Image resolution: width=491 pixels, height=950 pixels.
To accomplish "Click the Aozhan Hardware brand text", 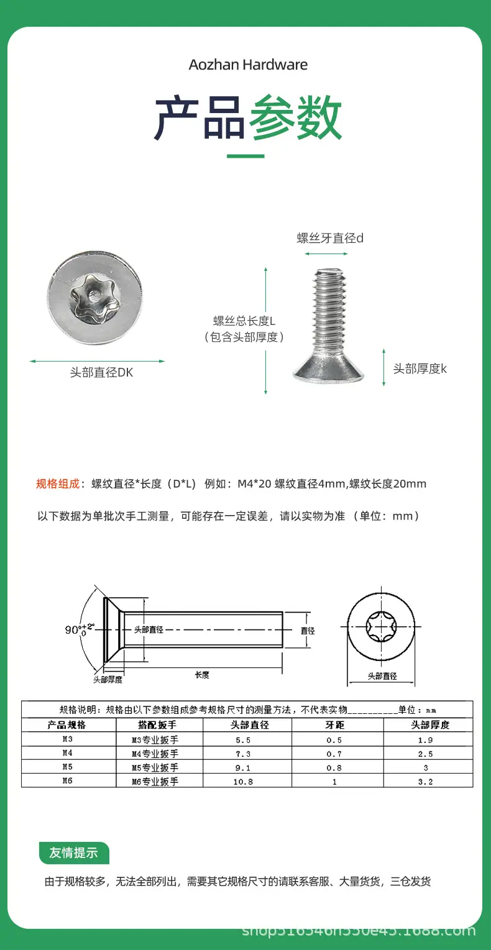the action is click(x=248, y=65).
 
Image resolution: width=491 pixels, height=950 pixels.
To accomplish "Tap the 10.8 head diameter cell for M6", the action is click(x=243, y=782).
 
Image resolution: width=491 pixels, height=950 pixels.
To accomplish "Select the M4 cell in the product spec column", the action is click(x=68, y=753).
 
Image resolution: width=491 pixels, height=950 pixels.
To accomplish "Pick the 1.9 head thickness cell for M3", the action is click(x=425, y=740).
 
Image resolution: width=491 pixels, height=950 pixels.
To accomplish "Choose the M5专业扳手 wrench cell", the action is click(x=155, y=767).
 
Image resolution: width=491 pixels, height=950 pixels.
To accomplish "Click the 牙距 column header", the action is click(x=335, y=725).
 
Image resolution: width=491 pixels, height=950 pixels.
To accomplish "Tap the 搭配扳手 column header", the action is click(x=157, y=725).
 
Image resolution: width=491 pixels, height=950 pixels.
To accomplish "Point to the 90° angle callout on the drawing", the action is click(x=80, y=629).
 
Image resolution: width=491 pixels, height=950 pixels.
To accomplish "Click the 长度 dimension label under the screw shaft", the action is click(x=202, y=675).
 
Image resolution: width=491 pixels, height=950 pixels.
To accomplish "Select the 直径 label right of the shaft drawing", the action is click(x=308, y=631).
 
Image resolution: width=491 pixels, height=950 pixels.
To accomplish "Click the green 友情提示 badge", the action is click(x=74, y=852).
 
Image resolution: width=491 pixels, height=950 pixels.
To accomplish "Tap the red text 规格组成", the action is click(x=58, y=483).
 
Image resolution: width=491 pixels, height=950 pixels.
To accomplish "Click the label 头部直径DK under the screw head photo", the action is click(x=101, y=372).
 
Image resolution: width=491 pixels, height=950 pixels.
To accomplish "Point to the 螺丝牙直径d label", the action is click(x=330, y=238).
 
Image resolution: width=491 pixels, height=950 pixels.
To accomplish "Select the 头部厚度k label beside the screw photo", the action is click(x=420, y=368).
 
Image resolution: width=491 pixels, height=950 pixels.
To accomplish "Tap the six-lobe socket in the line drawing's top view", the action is click(x=381, y=626).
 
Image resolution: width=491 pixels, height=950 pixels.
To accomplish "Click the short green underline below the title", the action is click(x=245, y=156).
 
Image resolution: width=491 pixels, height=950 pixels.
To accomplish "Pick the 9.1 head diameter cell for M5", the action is click(x=243, y=768).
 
